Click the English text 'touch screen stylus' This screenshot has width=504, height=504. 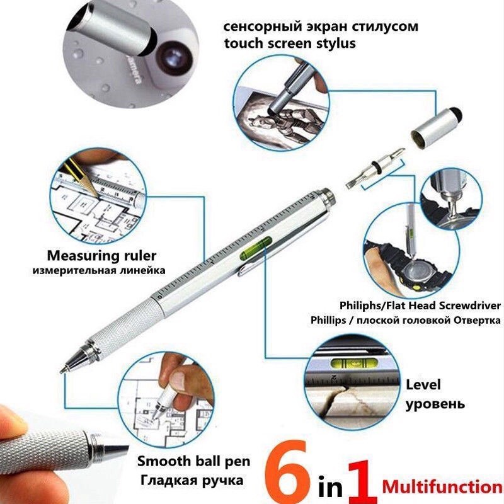click(290, 43)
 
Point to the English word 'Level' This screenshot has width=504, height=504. click(423, 384)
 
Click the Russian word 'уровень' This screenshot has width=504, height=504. click(435, 403)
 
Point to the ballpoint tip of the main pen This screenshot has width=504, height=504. click(65, 369)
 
